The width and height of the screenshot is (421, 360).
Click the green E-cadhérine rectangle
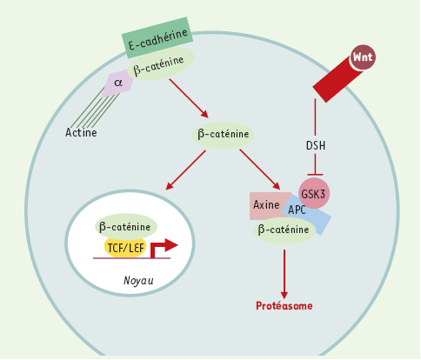[x=157, y=37]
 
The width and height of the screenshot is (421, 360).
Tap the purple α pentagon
[x=119, y=83]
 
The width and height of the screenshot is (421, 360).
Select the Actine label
[x=81, y=132]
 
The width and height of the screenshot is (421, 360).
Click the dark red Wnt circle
[x=363, y=57]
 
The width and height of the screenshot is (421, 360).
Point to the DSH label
[x=316, y=145]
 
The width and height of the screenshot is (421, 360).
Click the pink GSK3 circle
[x=314, y=193]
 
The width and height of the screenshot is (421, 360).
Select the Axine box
[x=267, y=205]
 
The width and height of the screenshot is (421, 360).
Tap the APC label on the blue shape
[x=297, y=210]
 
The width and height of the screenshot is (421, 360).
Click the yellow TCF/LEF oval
[x=125, y=248]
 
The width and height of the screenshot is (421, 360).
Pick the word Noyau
[x=138, y=281]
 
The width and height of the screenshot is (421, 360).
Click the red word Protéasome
[x=284, y=306]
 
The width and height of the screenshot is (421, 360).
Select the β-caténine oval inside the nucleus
[x=126, y=227]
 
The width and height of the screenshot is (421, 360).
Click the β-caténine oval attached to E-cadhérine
[x=160, y=63]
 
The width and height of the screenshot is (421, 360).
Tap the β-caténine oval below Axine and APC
[x=284, y=230]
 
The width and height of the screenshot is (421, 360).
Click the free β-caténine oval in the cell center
[x=223, y=135]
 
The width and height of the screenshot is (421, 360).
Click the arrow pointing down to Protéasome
[x=284, y=274]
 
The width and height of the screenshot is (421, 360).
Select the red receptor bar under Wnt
[x=337, y=79]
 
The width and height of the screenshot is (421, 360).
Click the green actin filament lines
[x=94, y=110]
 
